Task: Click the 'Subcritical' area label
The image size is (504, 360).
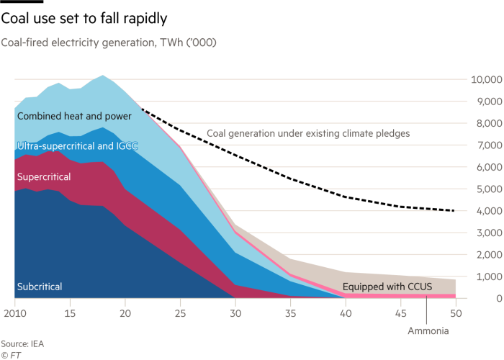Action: (x=40, y=287)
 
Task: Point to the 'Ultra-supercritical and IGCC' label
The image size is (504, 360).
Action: (x=77, y=146)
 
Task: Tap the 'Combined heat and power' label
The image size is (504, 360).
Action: (x=74, y=116)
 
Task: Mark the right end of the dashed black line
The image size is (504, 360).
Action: (x=454, y=211)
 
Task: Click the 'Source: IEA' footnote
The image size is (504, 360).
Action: (x=23, y=343)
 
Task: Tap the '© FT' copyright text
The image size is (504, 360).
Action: (x=12, y=354)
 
